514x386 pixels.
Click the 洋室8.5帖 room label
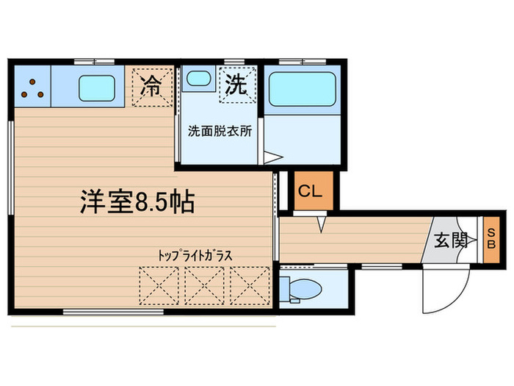[x=137, y=201]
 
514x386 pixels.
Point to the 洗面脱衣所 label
[x=220, y=132]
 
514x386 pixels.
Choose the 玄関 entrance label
[x=449, y=239]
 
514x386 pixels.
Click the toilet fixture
[x=300, y=289]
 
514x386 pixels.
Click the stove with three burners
[x=32, y=88]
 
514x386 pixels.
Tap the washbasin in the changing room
[x=197, y=79]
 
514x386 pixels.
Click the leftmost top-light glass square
[x=159, y=285]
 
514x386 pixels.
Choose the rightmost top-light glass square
[x=250, y=285]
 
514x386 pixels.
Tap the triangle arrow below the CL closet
[x=321, y=223]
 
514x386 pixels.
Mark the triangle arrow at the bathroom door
[x=272, y=157]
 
